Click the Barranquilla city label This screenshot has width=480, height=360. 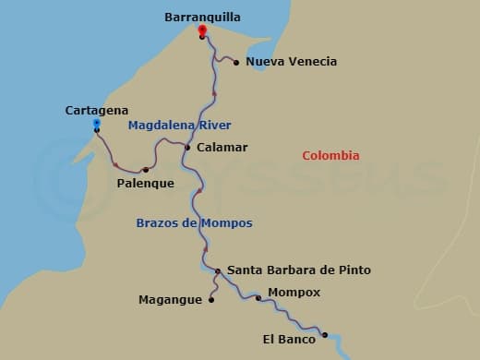click(x=201, y=17)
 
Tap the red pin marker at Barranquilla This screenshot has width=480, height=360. click(x=201, y=30)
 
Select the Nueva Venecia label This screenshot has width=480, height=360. click(x=292, y=62)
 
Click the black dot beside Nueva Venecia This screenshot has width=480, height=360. click(x=236, y=63)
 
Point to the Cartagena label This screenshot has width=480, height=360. click(x=97, y=110)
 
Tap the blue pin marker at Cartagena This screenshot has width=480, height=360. click(x=97, y=124)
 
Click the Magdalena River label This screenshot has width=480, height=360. click(x=180, y=126)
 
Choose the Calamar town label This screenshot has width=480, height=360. click(x=222, y=147)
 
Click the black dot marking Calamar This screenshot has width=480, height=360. click(x=187, y=148)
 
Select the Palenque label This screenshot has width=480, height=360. click(x=146, y=183)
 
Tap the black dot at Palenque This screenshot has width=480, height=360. click(x=146, y=170)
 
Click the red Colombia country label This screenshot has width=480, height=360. click(x=330, y=156)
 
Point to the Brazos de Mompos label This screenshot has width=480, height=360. click(x=194, y=223)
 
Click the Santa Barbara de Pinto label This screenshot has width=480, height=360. click(x=299, y=270)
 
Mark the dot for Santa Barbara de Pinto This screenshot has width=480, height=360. click(x=218, y=271)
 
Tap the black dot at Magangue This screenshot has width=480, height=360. click(x=211, y=299)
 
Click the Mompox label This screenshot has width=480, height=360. click(x=294, y=293)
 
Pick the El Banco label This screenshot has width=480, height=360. click(x=289, y=340)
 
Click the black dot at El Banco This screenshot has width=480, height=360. click(x=325, y=335)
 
